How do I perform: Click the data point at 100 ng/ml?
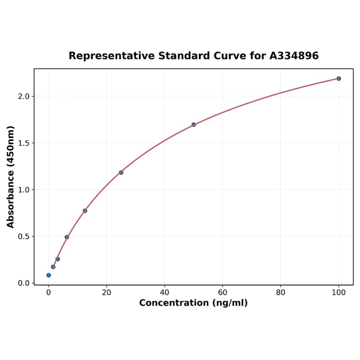pos(339,79)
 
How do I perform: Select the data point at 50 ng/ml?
pos(194,124)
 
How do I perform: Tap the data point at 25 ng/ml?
pos(121,172)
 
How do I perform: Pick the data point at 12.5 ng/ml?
pos(85,211)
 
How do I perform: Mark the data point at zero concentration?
pos(49,275)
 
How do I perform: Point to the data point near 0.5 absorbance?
pos(67,237)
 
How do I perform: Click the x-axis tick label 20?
pos(106,292)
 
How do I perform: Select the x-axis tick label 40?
pos(164,292)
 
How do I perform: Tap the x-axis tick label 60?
pos(222,292)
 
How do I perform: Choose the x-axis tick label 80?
pos(281,292)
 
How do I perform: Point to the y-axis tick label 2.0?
pos(24,97)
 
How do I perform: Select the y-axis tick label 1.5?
pos(24,143)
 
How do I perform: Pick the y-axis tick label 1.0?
pos(24,190)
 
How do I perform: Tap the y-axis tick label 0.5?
pos(24,237)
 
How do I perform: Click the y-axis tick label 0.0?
pos(24,283)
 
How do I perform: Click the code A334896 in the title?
pos(294,56)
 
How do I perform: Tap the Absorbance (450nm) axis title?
pos(11,177)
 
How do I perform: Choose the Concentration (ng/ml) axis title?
pos(193,303)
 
